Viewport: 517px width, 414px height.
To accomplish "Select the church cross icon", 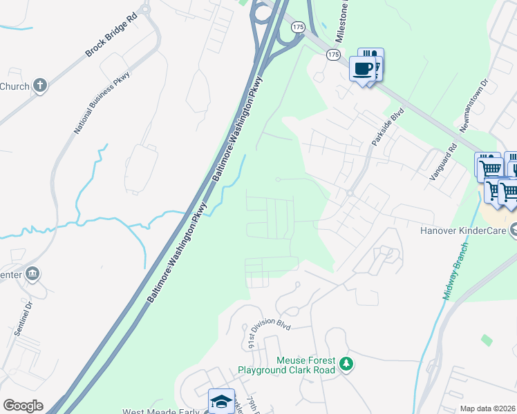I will coord(40,86).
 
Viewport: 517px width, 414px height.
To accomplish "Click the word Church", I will coord(14,86).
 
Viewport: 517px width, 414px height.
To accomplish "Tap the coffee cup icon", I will coord(364,68).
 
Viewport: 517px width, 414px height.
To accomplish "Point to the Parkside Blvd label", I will coord(386,129).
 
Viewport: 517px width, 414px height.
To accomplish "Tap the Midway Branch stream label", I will coord(454,268).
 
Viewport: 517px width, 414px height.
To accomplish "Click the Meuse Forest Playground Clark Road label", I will coord(287,365).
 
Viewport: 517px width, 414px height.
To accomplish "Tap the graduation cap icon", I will coord(220,400).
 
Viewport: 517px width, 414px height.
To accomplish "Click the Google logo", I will coord(22,406).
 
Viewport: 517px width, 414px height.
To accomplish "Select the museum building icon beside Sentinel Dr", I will coord(32,275).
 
